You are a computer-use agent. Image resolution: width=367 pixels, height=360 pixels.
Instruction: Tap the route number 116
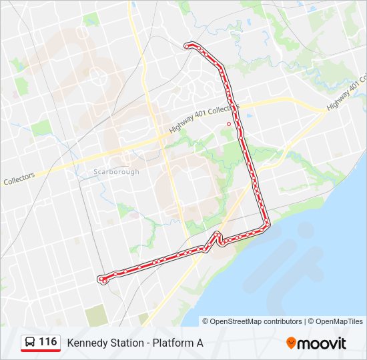47,342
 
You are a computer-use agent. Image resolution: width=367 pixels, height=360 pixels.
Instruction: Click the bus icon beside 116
30,343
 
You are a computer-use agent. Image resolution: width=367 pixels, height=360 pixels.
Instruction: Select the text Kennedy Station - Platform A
135,343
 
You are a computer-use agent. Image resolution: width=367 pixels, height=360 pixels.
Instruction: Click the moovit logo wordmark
323,343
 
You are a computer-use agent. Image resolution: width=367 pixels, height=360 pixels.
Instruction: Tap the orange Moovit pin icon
292,343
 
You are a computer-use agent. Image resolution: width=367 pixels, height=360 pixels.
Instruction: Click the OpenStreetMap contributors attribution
256,321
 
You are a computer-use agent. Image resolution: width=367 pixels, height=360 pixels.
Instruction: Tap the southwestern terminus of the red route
102,279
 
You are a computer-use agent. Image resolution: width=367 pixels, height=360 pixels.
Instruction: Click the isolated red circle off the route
229,123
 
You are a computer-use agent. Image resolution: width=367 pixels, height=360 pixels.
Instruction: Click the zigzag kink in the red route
218,238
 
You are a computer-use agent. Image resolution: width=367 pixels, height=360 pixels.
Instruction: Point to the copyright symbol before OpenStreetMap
206,321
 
